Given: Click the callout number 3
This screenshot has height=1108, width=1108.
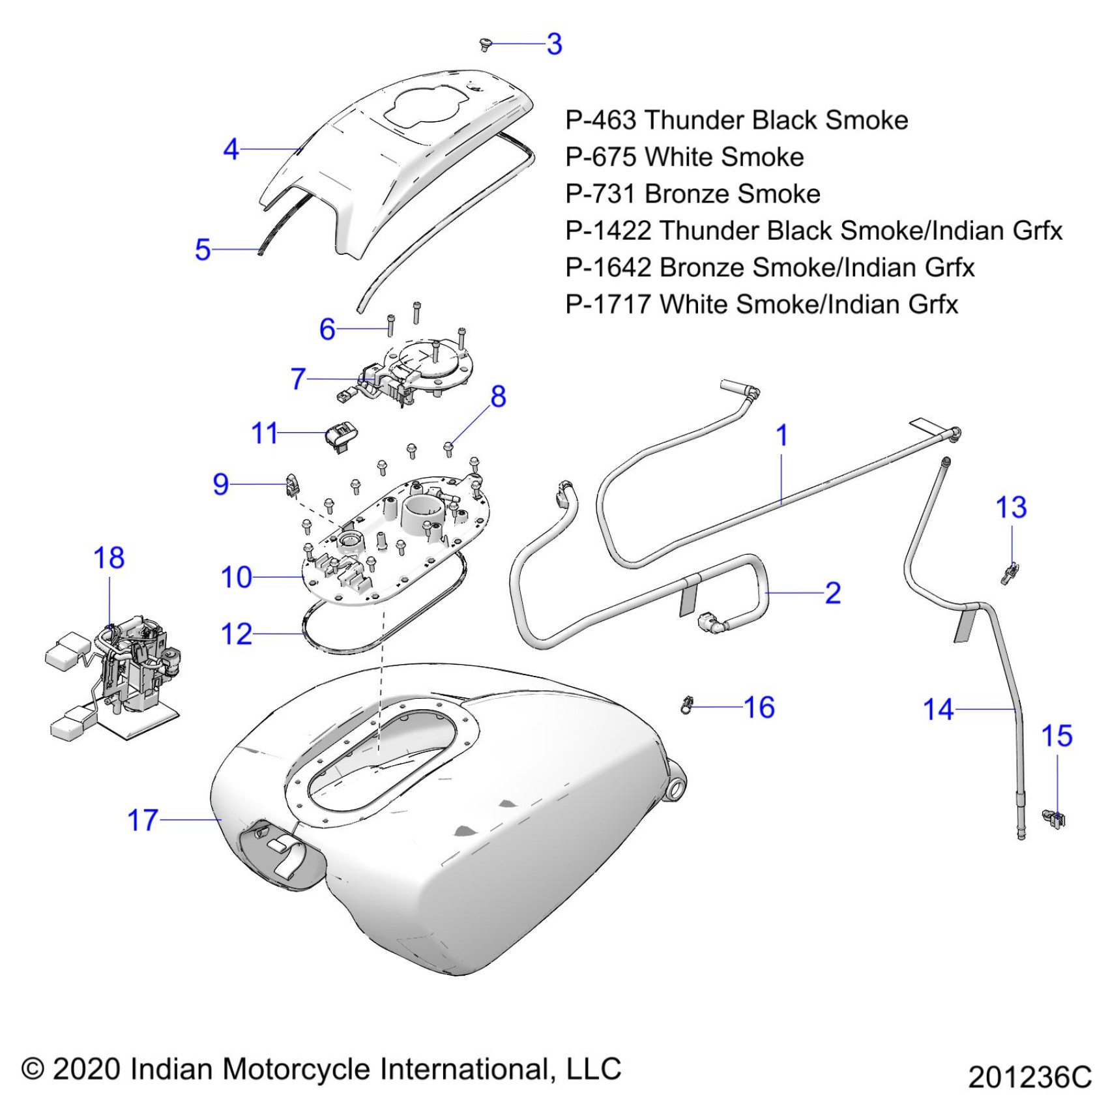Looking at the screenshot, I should pos(554,44).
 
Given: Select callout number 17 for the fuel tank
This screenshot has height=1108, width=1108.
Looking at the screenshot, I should pos(143,820).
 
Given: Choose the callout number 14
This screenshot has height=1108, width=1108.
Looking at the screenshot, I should pos(938,709).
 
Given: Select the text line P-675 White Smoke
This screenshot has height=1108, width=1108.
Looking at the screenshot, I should pos(684,157).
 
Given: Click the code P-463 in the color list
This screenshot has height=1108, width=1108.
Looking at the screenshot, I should pos(600,121).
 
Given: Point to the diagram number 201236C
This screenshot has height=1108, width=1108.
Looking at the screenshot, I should pos(1029,1077).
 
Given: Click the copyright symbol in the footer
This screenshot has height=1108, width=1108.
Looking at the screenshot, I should pos(33,1070).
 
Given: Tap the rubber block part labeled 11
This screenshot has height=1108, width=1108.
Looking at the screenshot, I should pos(341,434).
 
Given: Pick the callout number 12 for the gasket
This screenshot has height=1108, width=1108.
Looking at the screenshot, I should pos(236,634).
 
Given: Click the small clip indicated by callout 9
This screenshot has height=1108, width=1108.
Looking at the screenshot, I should pos(293,484).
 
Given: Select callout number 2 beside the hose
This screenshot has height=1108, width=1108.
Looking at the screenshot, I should pos(832,593).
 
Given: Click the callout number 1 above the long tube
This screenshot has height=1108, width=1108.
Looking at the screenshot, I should pos(782,435).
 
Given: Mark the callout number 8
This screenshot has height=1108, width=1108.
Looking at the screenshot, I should pos(498,396).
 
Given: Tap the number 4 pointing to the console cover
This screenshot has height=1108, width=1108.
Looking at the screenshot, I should pos(231,149).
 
